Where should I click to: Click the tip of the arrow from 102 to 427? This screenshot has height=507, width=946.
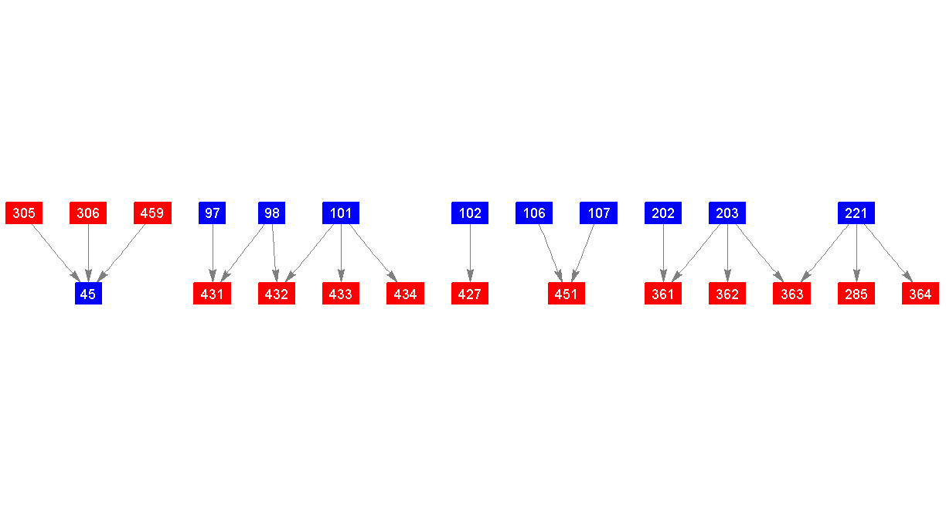[x=470, y=282]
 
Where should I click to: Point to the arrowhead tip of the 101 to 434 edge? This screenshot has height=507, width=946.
[x=397, y=282]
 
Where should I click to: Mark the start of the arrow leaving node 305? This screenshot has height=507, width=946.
[x=32, y=224]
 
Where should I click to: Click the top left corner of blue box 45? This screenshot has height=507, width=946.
[x=75, y=282]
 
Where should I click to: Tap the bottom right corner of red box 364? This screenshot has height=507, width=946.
[x=939, y=305]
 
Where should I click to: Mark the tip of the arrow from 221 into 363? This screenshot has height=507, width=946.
[x=801, y=282]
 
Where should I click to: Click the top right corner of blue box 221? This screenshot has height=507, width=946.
[x=875, y=202]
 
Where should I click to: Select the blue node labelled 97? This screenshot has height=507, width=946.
[x=212, y=213]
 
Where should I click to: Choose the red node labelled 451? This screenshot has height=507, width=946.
[x=567, y=294]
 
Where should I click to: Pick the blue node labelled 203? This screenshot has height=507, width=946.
[x=727, y=213]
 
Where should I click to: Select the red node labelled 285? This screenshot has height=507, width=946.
[x=856, y=294]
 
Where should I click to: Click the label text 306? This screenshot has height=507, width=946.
[x=88, y=213]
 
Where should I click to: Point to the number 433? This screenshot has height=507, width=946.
[x=340, y=294]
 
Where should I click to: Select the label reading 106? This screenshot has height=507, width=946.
[x=534, y=213]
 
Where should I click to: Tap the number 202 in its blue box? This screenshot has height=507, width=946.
[x=663, y=213]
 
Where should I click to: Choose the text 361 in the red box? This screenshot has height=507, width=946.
[x=662, y=294]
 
